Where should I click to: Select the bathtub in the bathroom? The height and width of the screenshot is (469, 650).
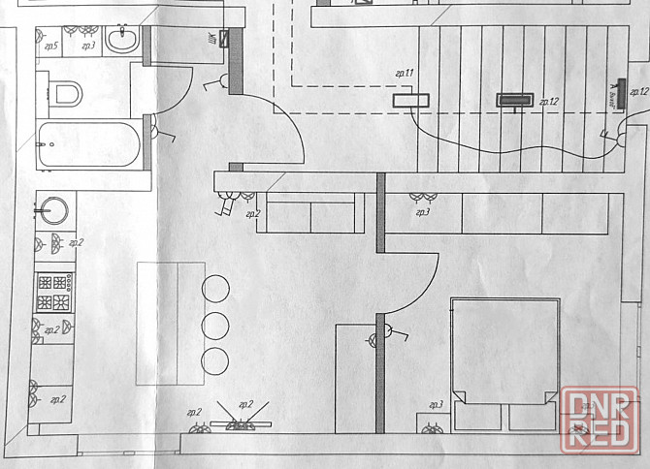[87, 147]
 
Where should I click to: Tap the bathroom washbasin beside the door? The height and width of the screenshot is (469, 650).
[122, 40]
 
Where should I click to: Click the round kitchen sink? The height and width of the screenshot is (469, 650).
[54, 209]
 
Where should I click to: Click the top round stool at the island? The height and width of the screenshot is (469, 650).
[215, 288]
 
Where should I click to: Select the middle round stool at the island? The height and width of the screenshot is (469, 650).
[215, 324]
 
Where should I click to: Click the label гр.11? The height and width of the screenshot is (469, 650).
[405, 74]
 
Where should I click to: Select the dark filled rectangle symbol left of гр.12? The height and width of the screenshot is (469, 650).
[514, 100]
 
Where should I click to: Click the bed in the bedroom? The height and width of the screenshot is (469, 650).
[504, 349]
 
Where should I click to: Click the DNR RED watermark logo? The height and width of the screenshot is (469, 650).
[601, 417]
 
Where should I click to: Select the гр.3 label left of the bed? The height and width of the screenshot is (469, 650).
[436, 404]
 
